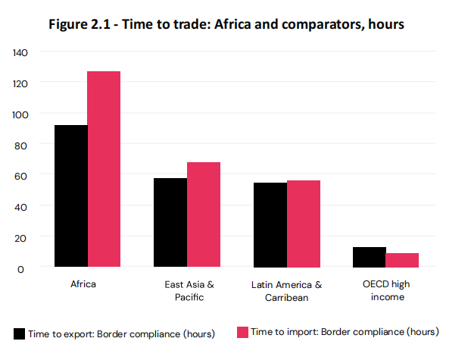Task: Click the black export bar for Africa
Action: click(70, 196)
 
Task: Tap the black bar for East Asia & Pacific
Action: click(170, 223)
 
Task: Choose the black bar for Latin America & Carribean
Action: click(270, 225)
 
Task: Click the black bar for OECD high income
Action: click(370, 257)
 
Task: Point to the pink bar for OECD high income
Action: click(402, 260)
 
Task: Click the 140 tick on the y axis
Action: click(19, 52)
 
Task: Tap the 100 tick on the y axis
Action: click(19, 114)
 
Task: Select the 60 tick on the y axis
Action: click(20, 175)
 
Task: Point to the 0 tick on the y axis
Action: click(22, 268)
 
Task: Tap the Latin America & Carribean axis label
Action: click(287, 291)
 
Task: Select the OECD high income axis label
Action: click(387, 291)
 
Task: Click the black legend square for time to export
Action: click(19, 333)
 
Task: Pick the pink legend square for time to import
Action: click(242, 332)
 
